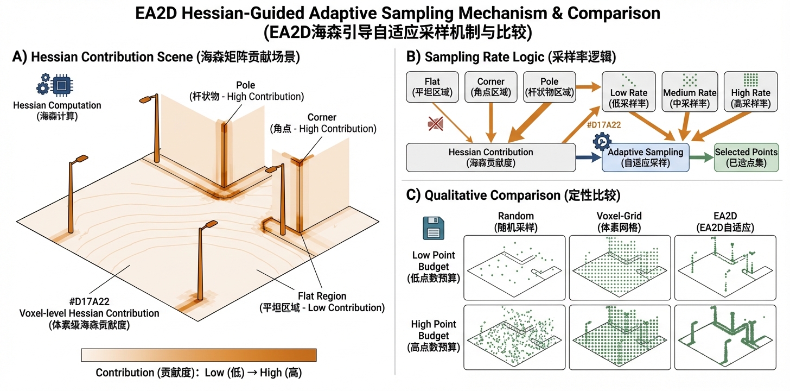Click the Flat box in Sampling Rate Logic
pyautogui.click(x=432, y=86)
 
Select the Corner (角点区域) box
pyautogui.click(x=490, y=86)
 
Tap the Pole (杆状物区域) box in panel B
pyautogui.click(x=549, y=86)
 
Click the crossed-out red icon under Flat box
pyautogui.click(x=435, y=125)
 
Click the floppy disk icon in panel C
pyautogui.click(x=434, y=228)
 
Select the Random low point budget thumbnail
pyautogui.click(x=514, y=268)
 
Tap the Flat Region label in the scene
pyautogui.click(x=321, y=302)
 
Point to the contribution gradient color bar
pyautogui.click(x=199, y=355)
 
